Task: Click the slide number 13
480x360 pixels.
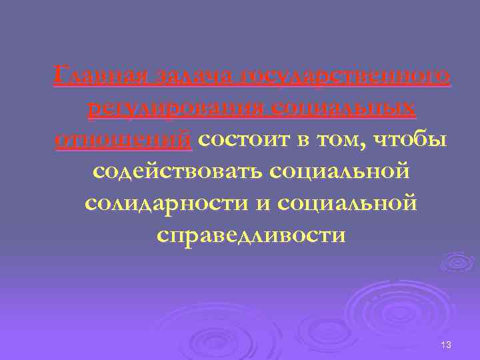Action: point(446,344)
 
